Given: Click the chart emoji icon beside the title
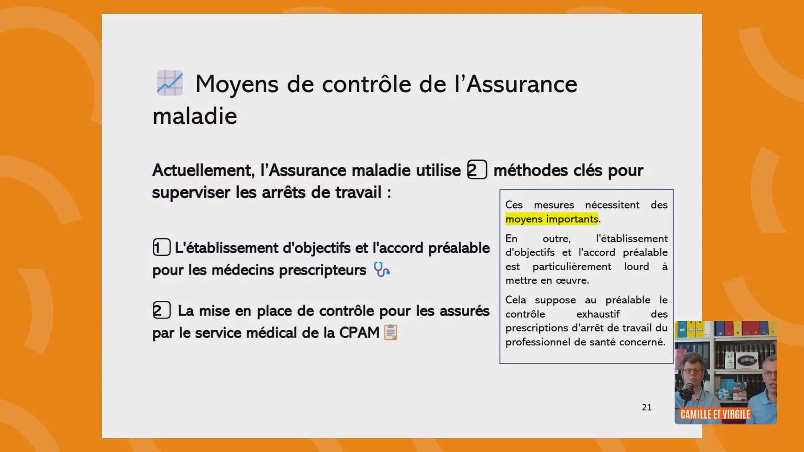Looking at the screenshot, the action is point(170,83).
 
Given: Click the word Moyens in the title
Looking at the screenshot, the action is point(237,85).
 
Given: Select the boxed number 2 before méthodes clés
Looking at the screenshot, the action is point(477,170).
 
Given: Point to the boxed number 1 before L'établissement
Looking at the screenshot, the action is point(162,247).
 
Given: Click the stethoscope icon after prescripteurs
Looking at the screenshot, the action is point(381,270).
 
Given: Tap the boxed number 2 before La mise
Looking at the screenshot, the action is point(162,310).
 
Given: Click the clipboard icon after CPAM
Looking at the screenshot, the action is point(391,332).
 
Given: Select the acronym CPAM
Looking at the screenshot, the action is point(359,333).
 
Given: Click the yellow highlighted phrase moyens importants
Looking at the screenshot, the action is point(552,219).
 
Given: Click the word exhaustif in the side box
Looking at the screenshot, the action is point(598,314).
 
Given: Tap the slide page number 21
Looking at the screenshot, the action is point(647,407).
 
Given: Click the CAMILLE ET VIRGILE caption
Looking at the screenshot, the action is point(715,414).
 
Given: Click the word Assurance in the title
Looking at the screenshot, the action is point(522,85).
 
